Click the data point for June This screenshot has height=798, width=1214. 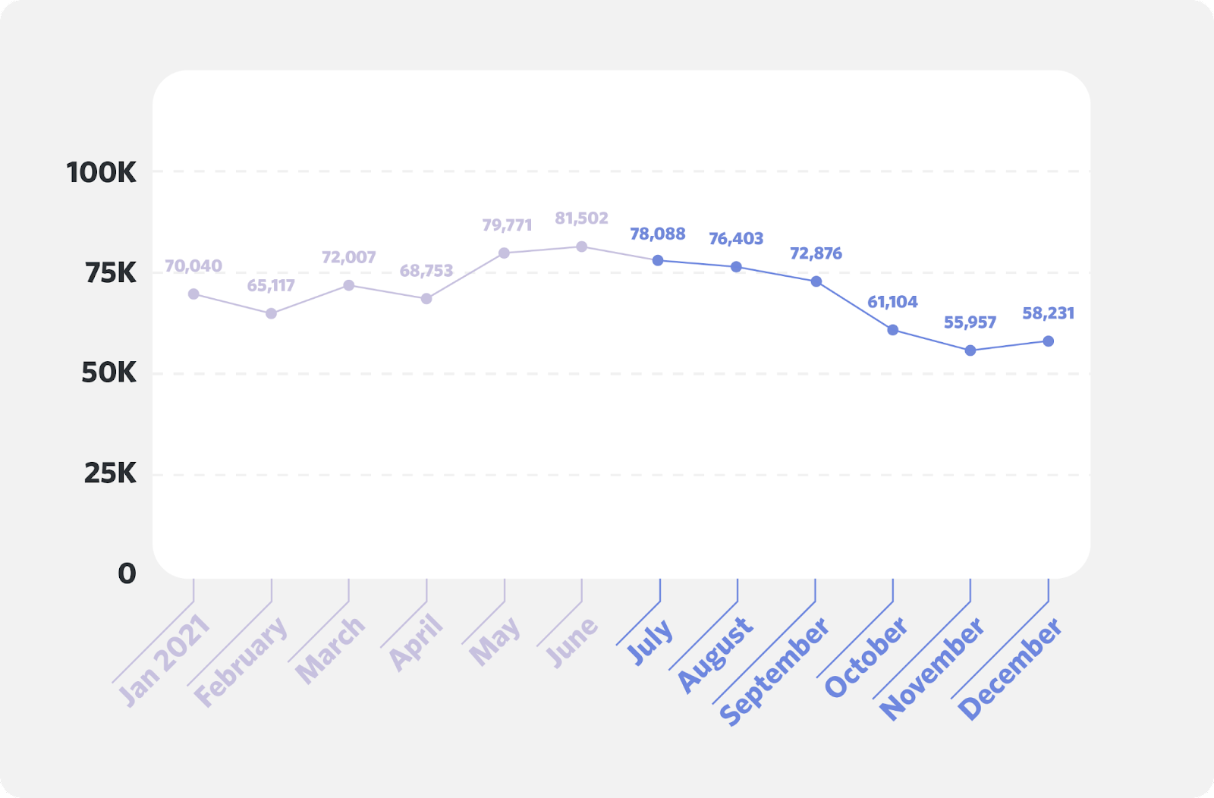[582, 247]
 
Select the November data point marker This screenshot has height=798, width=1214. [970, 350]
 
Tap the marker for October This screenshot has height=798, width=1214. [893, 330]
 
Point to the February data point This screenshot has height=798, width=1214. [272, 313]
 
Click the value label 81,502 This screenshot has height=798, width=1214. [582, 218]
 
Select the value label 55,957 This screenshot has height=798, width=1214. [970, 322]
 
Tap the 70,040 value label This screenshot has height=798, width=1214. [193, 266]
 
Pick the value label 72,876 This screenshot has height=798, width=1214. [816, 253]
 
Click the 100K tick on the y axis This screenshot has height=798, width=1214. [102, 173]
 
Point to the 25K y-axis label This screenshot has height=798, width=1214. [110, 473]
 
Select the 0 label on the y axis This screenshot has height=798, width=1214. [127, 573]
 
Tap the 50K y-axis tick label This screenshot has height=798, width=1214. [109, 372]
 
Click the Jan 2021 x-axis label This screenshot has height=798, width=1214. [164, 660]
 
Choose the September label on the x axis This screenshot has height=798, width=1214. [774, 671]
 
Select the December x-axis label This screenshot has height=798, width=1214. [1010, 669]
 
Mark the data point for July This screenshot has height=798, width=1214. [658, 260]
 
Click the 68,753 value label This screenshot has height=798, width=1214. [426, 271]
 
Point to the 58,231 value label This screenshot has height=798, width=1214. [1048, 313]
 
